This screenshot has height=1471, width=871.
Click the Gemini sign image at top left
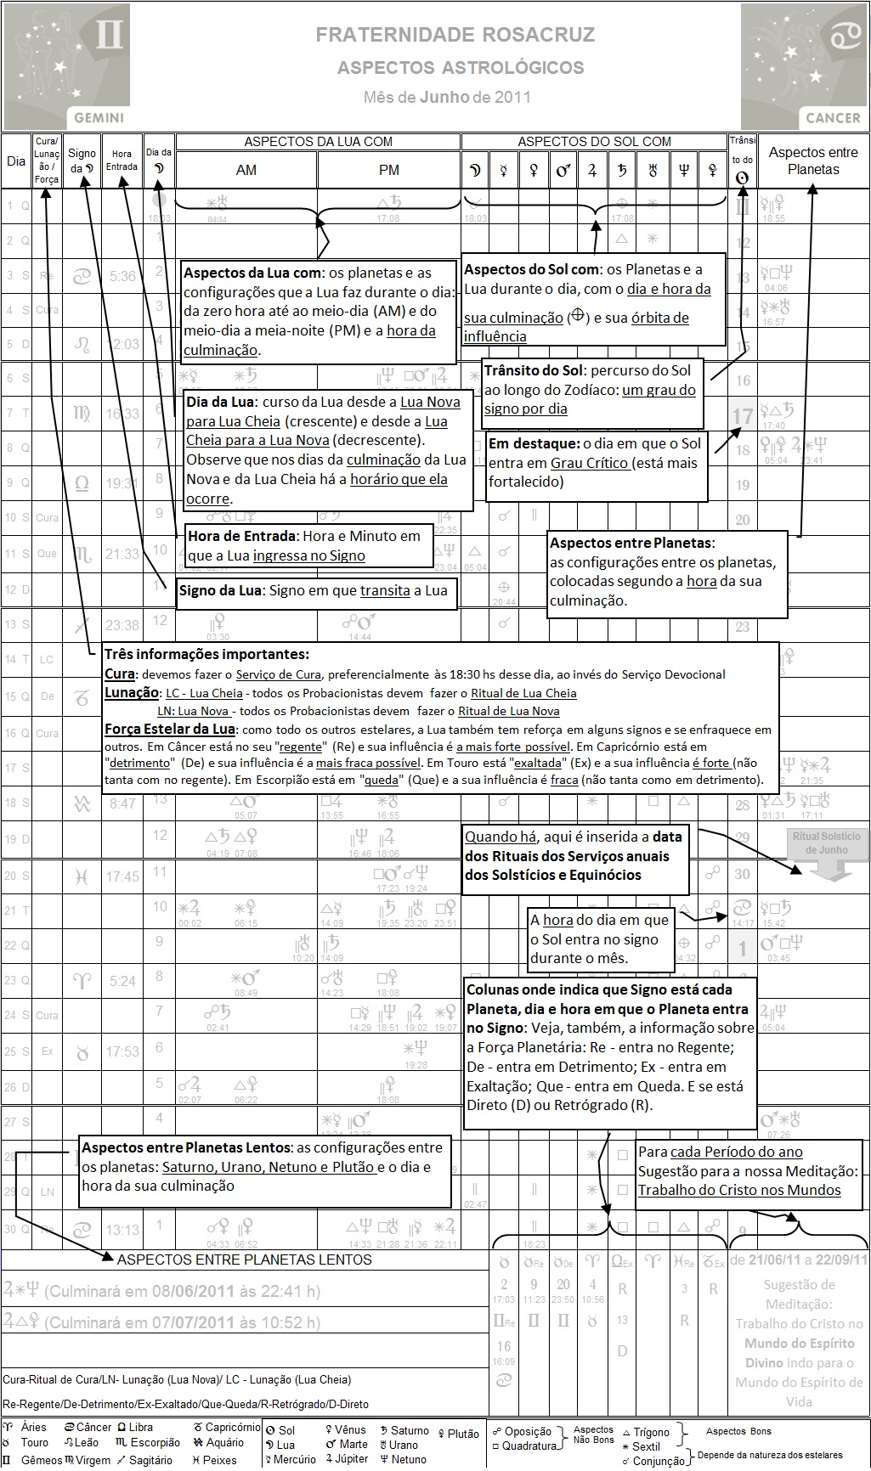pyautogui.click(x=67, y=65)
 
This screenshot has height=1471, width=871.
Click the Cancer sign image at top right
pyautogui.click(x=804, y=65)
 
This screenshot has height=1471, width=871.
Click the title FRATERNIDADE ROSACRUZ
pyautogui.click(x=455, y=35)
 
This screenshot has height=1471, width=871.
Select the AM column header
pyautogui.click(x=246, y=170)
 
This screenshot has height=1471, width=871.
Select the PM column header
pyautogui.click(x=389, y=170)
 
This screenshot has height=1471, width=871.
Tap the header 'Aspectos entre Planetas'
pyautogui.click(x=813, y=161)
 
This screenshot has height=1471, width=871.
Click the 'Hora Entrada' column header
pyautogui.click(x=122, y=160)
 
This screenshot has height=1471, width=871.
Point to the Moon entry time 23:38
pyautogui.click(x=122, y=625)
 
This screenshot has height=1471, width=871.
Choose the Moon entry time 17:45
pyautogui.click(x=122, y=876)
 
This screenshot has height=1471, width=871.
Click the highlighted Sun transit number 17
pyautogui.click(x=743, y=416)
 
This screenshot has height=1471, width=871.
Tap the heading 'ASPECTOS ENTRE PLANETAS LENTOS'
pyautogui.click(x=245, y=1260)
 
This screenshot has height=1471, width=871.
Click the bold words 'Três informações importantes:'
pyautogui.click(x=206, y=655)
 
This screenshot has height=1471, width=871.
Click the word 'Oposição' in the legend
pyautogui.click(x=528, y=1432)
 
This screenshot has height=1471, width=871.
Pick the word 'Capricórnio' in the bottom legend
pyautogui.click(x=233, y=1427)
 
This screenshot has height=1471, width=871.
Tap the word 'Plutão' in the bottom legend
pyautogui.click(x=463, y=1434)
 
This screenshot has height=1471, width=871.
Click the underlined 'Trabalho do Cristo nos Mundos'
pyautogui.click(x=739, y=1190)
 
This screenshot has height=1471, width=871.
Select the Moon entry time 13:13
pyautogui.click(x=122, y=1230)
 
